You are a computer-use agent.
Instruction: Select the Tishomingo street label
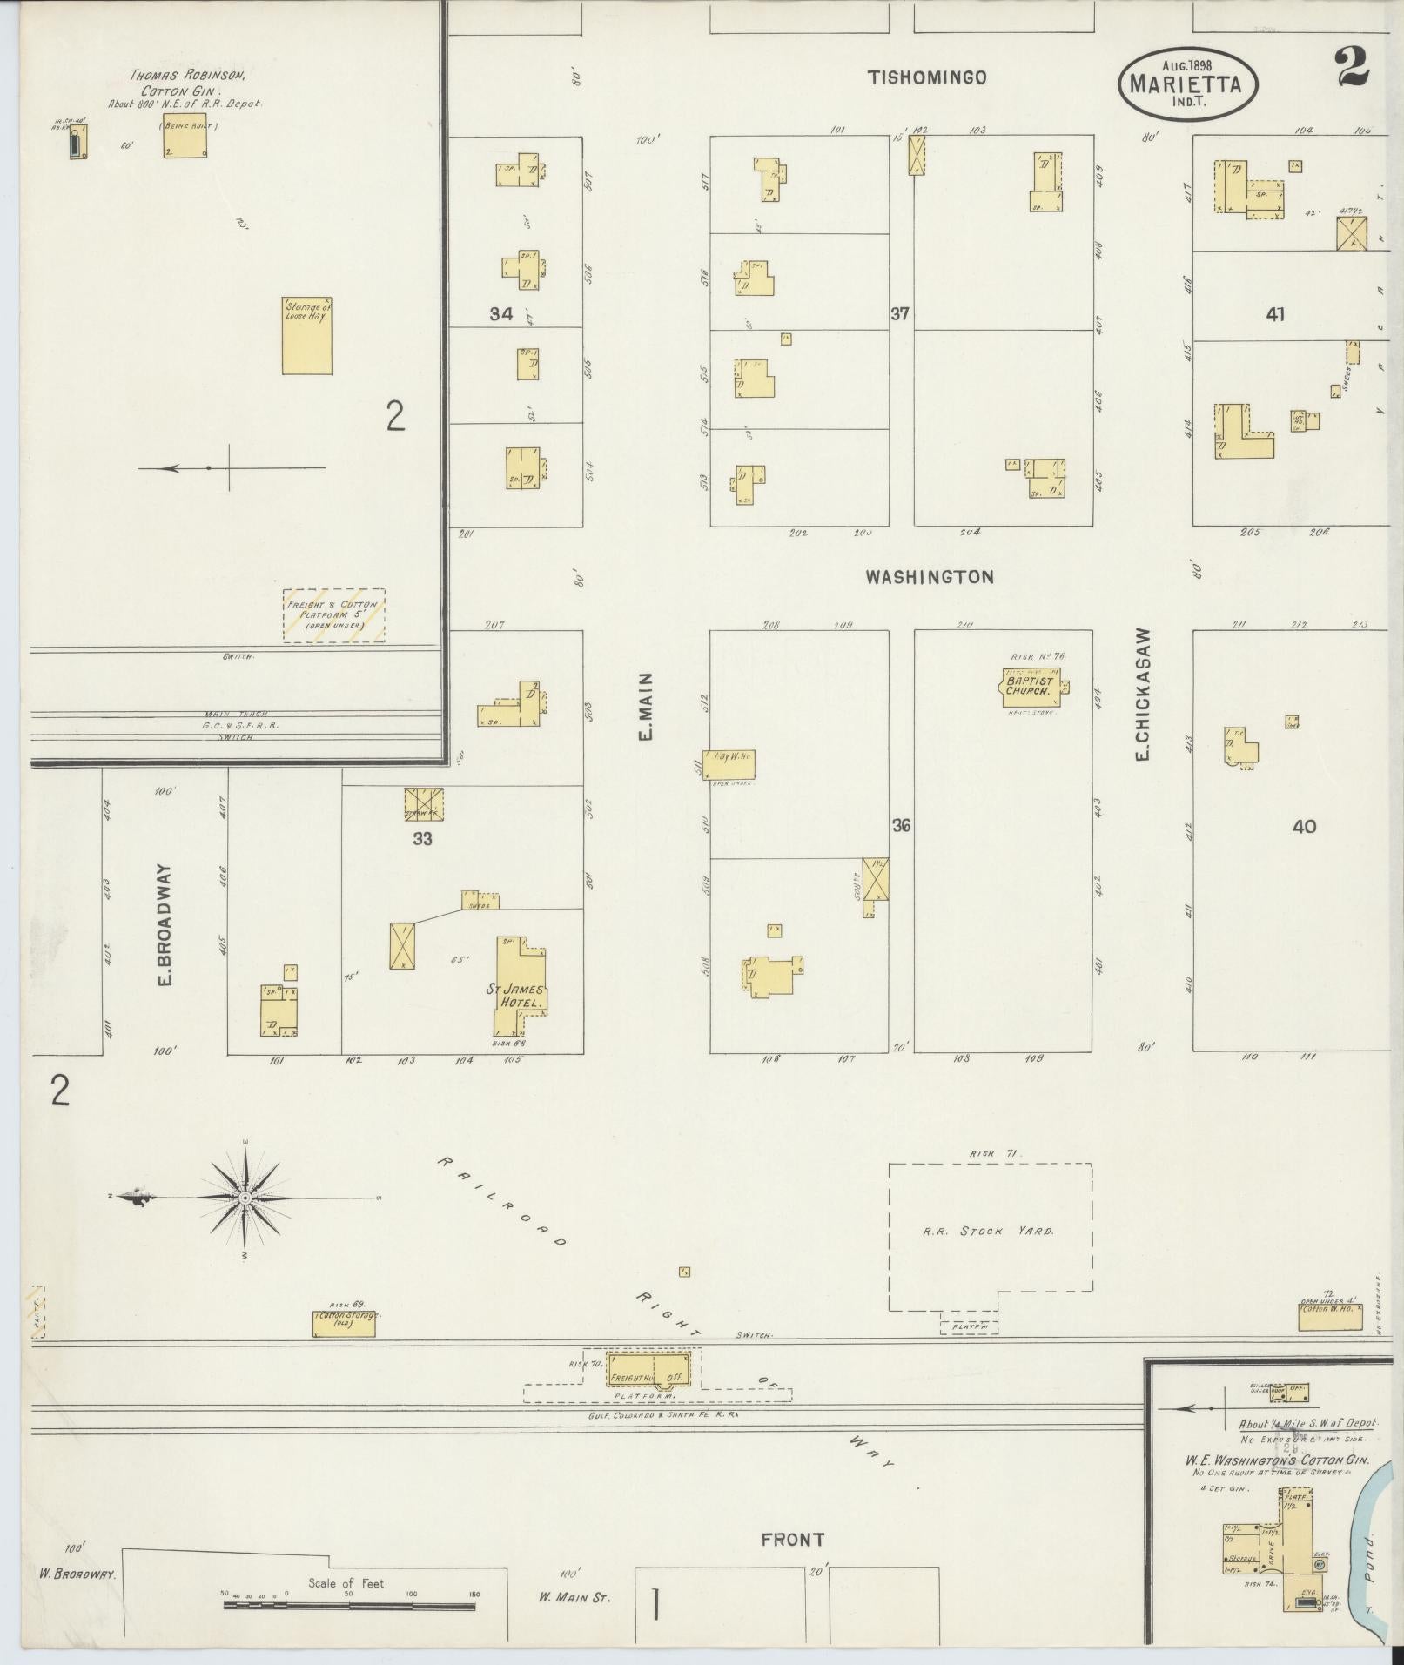coord(926,78)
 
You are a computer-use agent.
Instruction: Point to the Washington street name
coord(929,577)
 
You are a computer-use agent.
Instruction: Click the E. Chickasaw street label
coord(1142,695)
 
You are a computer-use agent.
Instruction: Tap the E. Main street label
coord(646,706)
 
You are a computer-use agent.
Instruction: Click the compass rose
coord(245,1198)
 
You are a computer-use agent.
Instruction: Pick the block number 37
coord(900,313)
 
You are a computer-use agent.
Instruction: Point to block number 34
coord(500,314)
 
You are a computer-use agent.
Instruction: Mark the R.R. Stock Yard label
coord(988,1232)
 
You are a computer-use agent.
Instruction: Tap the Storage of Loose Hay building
coord(306,335)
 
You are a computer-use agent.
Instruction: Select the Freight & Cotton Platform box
coord(334,615)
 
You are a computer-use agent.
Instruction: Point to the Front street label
coord(792,1541)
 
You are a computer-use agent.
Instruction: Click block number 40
coord(1304,826)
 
